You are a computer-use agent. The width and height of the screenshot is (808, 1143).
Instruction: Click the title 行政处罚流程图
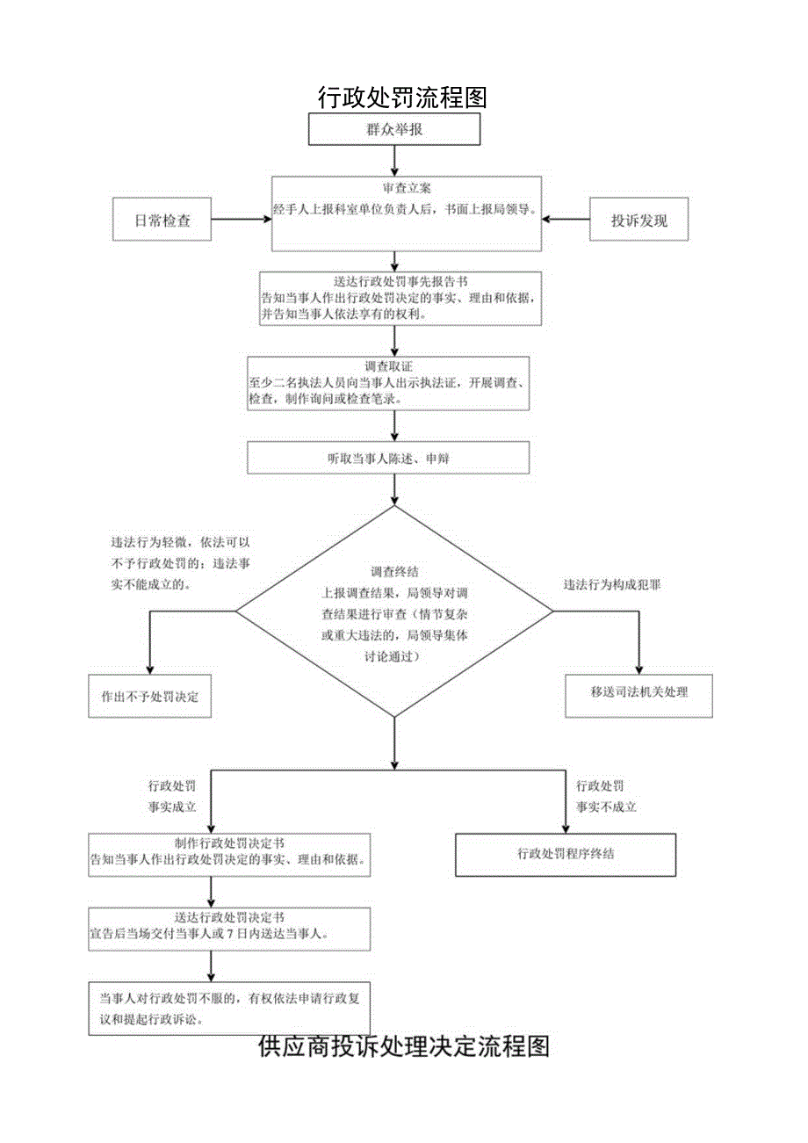(x=401, y=98)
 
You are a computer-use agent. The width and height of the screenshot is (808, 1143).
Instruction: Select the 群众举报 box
(x=394, y=129)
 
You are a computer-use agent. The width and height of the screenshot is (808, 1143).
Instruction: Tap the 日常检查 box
(x=162, y=221)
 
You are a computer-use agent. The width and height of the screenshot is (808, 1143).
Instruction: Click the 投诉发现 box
(x=638, y=221)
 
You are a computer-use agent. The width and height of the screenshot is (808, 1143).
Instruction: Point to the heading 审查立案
(x=406, y=189)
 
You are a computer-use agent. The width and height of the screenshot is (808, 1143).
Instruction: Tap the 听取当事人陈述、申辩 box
(x=388, y=458)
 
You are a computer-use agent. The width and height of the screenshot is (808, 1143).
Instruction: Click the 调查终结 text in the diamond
(x=394, y=571)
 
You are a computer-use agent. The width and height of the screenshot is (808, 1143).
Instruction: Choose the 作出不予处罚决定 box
(x=149, y=697)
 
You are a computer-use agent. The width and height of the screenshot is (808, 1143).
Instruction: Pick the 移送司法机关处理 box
(x=638, y=691)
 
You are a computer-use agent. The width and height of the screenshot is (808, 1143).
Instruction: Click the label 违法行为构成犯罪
(x=611, y=584)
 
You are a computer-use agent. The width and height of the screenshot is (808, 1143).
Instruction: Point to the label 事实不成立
(x=605, y=807)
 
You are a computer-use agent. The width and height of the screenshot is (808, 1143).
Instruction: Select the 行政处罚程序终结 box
(x=566, y=853)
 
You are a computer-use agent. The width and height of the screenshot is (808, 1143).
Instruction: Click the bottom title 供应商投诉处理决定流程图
(x=404, y=1045)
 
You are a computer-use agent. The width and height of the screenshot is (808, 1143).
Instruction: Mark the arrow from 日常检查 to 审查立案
(x=242, y=221)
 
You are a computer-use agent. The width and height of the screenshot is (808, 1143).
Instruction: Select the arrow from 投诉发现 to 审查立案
(x=565, y=221)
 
